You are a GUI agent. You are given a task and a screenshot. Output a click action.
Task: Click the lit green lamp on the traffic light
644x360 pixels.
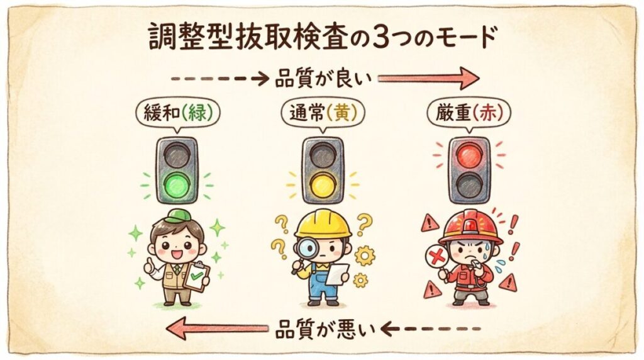[x=177, y=185]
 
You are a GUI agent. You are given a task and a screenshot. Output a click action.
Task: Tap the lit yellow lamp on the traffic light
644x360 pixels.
[x=323, y=185]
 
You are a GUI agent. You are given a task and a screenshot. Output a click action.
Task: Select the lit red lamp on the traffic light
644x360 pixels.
[x=469, y=155]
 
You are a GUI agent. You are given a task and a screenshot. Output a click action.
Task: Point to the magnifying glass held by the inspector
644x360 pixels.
[x=303, y=252]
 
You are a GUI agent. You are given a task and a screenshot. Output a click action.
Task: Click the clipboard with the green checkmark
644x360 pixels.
[x=197, y=276]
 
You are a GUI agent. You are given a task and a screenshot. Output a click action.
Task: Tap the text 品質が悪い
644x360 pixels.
[x=325, y=329]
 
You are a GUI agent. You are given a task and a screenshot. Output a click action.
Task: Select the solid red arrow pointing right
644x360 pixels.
[x=428, y=78]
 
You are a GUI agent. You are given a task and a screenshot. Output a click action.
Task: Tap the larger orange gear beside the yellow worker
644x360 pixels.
[x=365, y=256]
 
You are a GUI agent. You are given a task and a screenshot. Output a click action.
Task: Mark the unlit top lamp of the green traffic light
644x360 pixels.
[x=177, y=155]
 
